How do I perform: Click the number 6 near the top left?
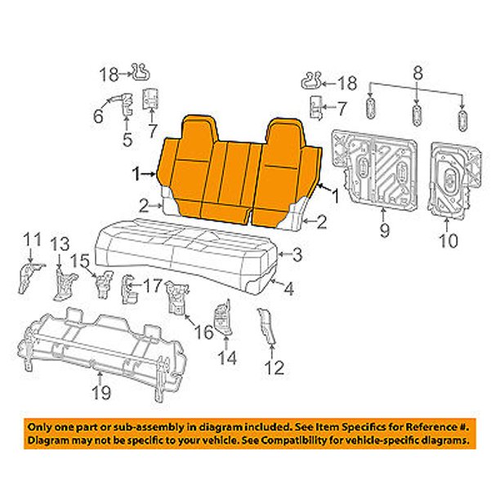click(98, 116)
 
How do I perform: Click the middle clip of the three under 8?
click(417, 115)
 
